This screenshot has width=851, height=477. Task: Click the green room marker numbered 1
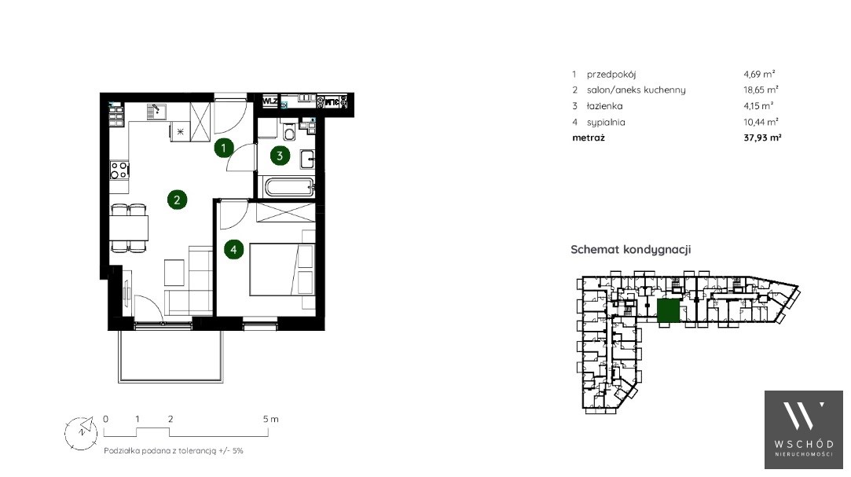tap(224, 147)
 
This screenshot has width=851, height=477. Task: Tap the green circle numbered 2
tap(177, 200)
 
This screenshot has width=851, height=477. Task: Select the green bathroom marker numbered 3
tap(280, 156)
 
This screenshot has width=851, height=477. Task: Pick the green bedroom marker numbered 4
tap(234, 250)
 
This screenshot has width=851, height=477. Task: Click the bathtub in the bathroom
tap(288, 187)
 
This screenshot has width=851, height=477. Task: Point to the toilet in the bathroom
tap(289, 131)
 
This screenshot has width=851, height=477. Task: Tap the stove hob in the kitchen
tap(119, 170)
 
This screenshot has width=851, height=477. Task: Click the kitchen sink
tap(156, 112)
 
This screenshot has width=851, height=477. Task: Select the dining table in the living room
tap(129, 228)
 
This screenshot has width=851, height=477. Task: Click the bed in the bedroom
tap(282, 270)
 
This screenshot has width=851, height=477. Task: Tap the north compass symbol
tap(81, 433)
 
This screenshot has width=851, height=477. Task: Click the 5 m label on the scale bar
tap(270, 419)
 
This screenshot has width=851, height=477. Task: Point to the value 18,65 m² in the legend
tap(761, 90)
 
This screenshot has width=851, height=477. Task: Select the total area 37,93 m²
tap(762, 138)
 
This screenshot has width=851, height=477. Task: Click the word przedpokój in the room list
tap(611, 75)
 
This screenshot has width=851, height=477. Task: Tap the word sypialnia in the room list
tap(606, 123)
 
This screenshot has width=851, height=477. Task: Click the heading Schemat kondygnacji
tap(631, 250)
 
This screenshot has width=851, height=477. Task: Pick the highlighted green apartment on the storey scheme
tap(668, 311)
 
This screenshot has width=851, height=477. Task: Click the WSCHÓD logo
tap(804, 429)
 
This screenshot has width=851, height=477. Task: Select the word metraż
tap(589, 138)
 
